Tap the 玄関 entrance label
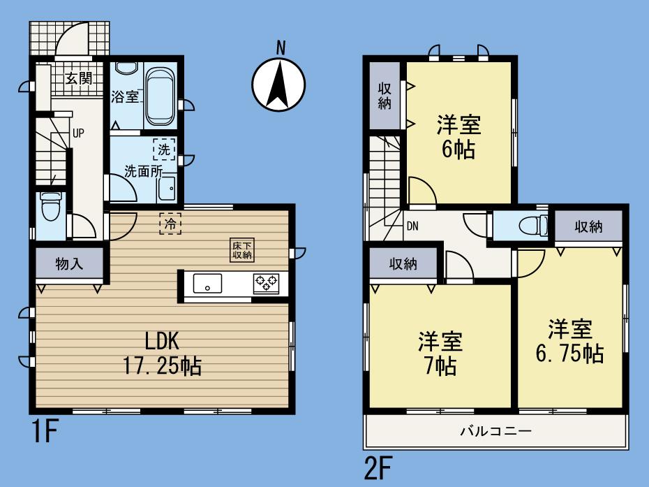point(79,78)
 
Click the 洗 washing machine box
point(163,149)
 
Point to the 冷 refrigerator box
point(170,224)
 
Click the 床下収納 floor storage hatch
point(242,250)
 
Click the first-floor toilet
point(50,207)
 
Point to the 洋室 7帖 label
point(439,354)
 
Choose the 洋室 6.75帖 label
point(569,340)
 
